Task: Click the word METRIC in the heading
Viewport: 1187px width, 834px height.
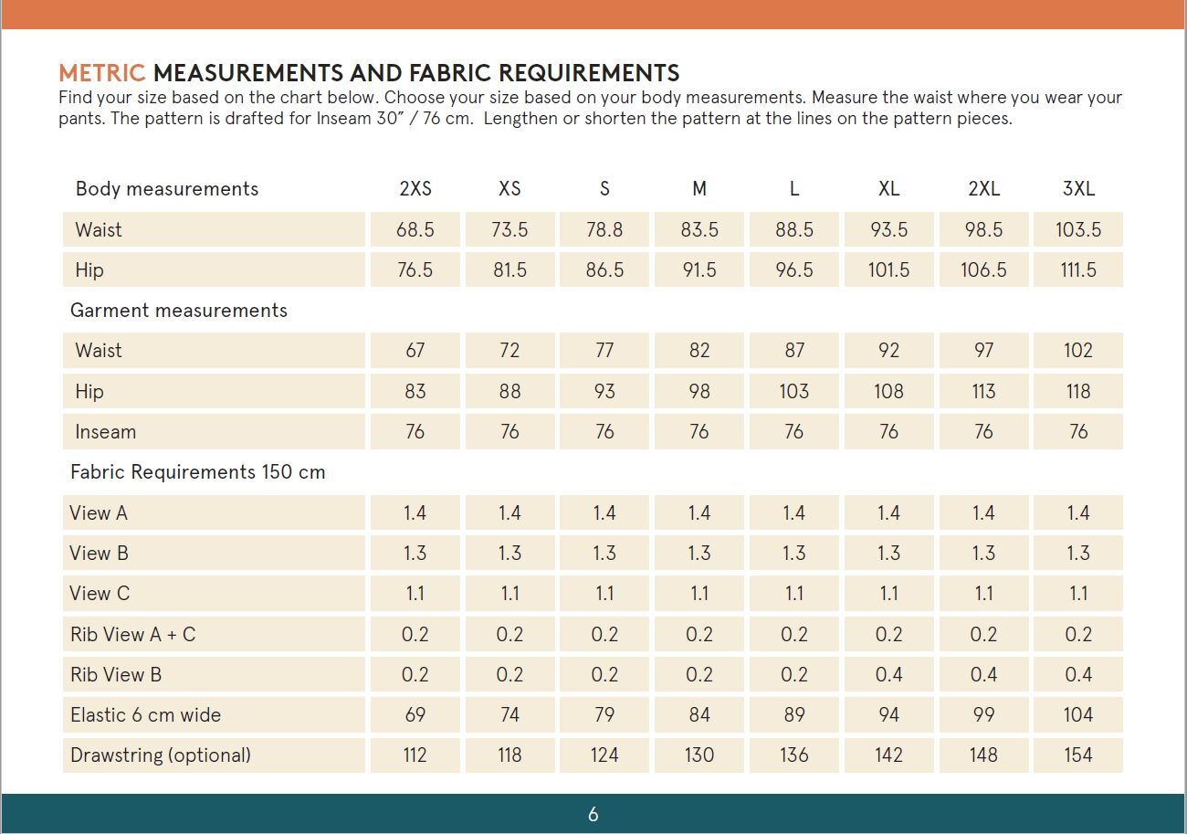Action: click(x=101, y=73)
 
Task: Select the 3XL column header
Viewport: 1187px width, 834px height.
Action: click(x=1078, y=189)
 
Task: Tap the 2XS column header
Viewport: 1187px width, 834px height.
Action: click(x=415, y=189)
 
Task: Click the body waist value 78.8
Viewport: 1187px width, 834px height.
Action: click(x=604, y=229)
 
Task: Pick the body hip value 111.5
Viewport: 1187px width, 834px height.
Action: click(x=1078, y=269)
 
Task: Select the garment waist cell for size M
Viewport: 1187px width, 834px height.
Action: click(x=699, y=351)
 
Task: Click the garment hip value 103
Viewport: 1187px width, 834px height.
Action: click(x=793, y=391)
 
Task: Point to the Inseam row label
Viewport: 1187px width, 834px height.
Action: click(x=105, y=431)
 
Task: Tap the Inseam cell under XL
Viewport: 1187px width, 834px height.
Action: click(x=888, y=431)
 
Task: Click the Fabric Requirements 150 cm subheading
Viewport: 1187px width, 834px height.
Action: click(x=197, y=472)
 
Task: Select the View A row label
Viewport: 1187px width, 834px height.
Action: click(x=99, y=512)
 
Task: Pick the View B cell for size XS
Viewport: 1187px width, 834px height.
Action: click(x=509, y=553)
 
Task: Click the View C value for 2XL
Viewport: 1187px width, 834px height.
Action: click(x=983, y=594)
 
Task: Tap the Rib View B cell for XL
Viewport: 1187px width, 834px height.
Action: click(x=888, y=674)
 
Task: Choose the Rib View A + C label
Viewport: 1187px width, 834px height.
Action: click(x=132, y=634)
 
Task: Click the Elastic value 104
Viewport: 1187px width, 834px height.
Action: click(x=1078, y=714)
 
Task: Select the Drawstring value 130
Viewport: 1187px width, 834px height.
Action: click(x=699, y=755)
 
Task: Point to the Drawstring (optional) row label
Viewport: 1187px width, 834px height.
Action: click(x=160, y=755)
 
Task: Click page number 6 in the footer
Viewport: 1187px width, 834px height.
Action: click(x=593, y=814)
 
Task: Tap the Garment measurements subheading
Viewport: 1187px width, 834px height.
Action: click(x=178, y=311)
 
